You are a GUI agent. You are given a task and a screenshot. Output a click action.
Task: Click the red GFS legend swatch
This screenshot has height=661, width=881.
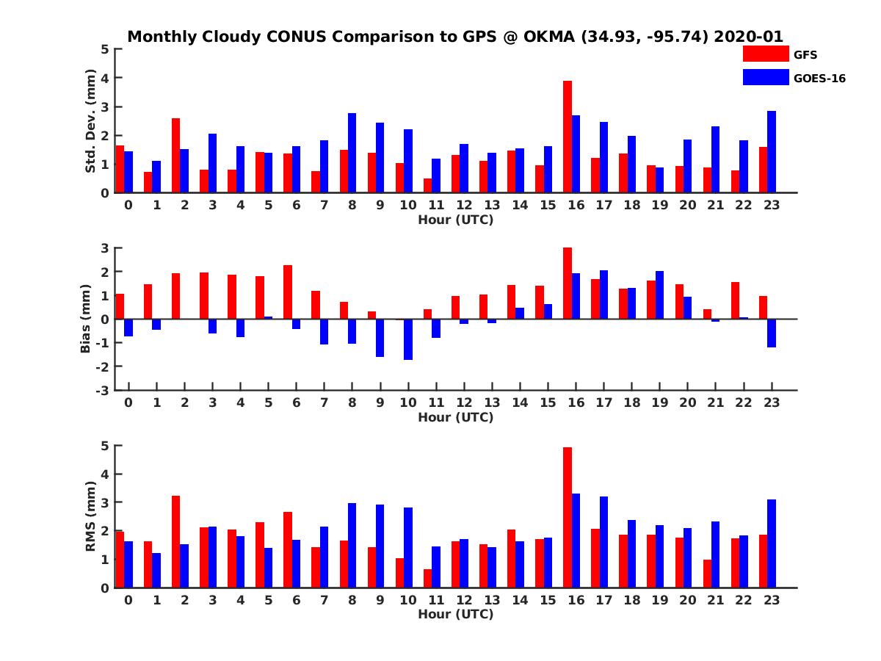pyautogui.click(x=766, y=54)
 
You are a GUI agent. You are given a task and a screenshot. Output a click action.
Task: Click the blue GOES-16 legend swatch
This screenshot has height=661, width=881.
pyautogui.click(x=766, y=77)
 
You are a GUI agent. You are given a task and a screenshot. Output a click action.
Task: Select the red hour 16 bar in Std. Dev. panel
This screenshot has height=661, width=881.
pyautogui.click(x=567, y=137)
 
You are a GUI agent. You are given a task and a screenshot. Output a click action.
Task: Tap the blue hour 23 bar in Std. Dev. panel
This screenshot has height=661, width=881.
pyautogui.click(x=771, y=152)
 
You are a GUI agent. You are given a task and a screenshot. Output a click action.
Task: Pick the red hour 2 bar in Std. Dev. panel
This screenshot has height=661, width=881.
pyautogui.click(x=175, y=156)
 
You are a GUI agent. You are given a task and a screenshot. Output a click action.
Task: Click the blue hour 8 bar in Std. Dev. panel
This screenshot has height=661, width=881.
pyautogui.click(x=352, y=153)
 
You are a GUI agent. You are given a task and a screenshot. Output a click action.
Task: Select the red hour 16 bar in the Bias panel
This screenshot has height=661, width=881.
pyautogui.click(x=567, y=283)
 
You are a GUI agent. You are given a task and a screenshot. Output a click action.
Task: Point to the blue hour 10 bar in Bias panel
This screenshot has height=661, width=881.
pyautogui.click(x=407, y=339)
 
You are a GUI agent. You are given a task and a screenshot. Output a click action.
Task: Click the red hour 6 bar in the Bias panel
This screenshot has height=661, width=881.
pyautogui.click(x=288, y=292)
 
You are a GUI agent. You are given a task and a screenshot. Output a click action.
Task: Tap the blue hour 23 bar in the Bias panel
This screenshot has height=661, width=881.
pyautogui.click(x=771, y=333)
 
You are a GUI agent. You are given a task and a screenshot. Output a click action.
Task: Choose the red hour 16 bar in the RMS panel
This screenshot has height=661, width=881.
pyautogui.click(x=567, y=518)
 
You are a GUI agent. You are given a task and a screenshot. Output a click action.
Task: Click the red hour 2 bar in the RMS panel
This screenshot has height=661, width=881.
pyautogui.click(x=175, y=542)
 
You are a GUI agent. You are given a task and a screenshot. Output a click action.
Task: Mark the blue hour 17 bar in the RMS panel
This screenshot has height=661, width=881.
pyautogui.click(x=603, y=542)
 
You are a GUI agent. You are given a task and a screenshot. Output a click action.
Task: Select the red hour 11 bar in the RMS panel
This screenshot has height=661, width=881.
pyautogui.click(x=427, y=578)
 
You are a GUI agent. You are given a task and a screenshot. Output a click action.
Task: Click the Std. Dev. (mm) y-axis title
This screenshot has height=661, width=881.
pyautogui.click(x=90, y=121)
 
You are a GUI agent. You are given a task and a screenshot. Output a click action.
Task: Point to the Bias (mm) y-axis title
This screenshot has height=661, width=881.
pyautogui.click(x=85, y=319)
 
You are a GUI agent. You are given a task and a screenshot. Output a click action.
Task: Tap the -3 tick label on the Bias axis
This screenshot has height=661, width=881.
pyautogui.click(x=102, y=391)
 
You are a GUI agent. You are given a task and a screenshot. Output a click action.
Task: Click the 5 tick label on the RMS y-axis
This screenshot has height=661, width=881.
pyautogui.click(x=105, y=447)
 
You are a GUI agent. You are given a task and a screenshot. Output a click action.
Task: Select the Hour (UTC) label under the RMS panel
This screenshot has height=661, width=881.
pyautogui.click(x=456, y=614)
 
